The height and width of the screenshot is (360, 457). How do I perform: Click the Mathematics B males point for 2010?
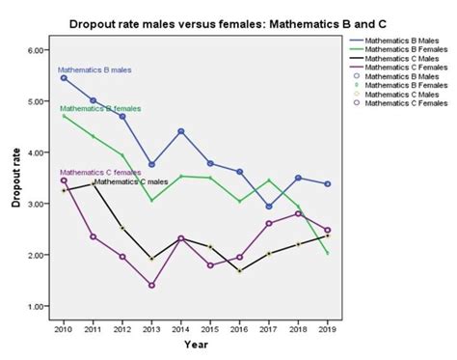click(64, 78)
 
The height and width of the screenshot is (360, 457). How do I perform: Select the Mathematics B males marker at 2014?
click(181, 131)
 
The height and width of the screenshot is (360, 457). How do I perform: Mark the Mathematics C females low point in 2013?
click(151, 286)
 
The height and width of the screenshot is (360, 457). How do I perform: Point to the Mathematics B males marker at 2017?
click(269, 207)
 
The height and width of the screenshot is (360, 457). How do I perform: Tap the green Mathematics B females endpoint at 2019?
click(328, 254)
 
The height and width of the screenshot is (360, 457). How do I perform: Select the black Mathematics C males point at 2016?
click(240, 271)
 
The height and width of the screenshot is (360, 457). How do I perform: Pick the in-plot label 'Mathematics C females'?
click(100, 172)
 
